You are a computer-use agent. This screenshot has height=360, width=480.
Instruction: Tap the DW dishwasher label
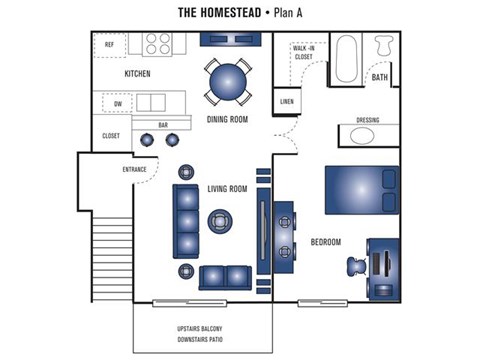click(117, 103)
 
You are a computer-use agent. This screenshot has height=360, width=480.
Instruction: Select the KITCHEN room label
click(138, 75)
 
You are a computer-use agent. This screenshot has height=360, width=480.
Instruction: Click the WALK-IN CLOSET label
click(302, 53)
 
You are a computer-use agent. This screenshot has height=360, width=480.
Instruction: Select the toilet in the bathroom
click(383, 47)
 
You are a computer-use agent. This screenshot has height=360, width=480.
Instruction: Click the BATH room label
click(380, 77)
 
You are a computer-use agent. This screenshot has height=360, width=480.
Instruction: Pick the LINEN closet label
click(287, 102)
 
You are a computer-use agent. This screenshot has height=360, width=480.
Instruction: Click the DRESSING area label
click(367, 121)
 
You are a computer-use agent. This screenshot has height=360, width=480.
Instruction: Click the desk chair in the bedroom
click(356, 265)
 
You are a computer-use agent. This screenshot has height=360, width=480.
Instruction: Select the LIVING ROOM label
click(228, 188)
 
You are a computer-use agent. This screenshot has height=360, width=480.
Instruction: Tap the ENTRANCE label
click(135, 170)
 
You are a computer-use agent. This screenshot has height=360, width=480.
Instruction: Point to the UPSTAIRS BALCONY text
click(202, 329)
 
